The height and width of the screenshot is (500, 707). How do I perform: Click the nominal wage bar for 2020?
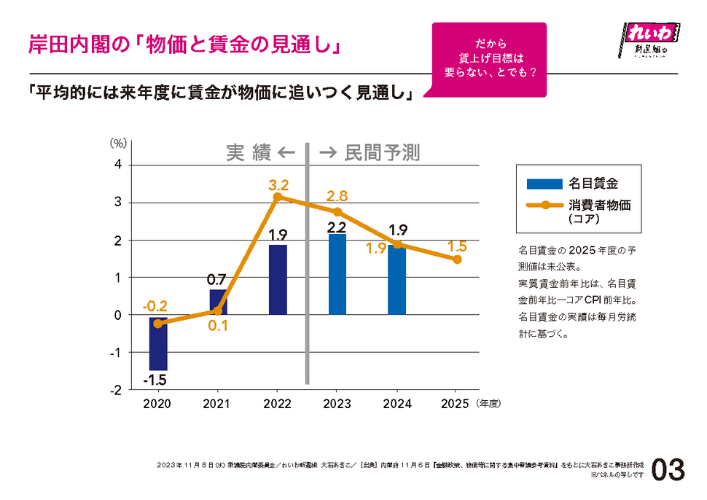tap(158, 343)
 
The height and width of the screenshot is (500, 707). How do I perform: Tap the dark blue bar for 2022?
tap(278, 280)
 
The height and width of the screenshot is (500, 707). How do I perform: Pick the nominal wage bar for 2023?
tap(337, 274)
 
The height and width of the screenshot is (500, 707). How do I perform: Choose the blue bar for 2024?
tap(397, 280)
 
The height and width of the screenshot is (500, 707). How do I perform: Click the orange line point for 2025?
tap(457, 259)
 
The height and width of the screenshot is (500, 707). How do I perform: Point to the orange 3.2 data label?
tap(278, 184)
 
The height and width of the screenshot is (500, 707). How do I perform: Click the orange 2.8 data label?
tap(337, 195)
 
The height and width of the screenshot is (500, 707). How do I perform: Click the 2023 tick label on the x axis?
tap(337, 404)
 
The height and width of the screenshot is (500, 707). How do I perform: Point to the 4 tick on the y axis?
tap(118, 165)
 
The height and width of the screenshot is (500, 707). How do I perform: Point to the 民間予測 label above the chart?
tap(382, 152)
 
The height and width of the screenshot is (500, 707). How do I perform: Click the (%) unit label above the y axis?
tap(118, 144)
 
